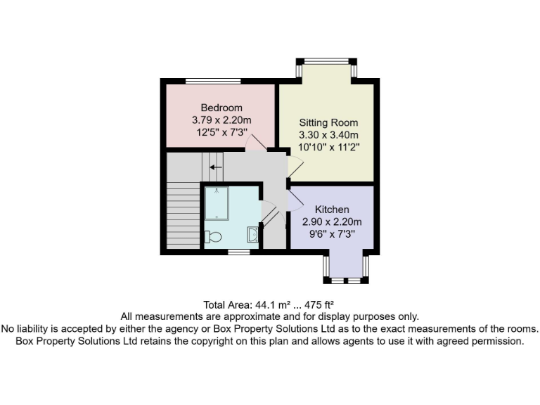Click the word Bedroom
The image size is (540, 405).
coord(221,108)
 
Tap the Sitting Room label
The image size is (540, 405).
coord(329,122)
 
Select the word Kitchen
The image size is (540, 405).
coord(332,210)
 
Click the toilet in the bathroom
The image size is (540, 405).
coord(213,238)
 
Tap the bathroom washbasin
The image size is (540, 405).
coord(252,236)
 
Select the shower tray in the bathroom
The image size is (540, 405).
coord(216,202)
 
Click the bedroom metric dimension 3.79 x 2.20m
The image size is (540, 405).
coord(221,120)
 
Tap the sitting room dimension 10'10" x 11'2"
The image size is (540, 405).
coord(329,148)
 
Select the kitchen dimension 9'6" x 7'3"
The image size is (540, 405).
coord(332,233)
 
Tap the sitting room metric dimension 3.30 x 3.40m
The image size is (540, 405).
coord(329,135)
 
